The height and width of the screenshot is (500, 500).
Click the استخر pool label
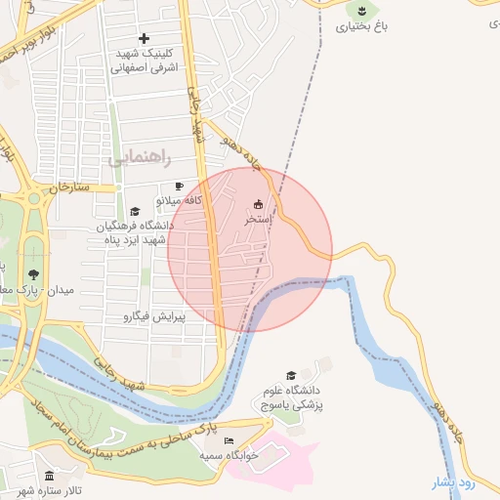click(x=258, y=221)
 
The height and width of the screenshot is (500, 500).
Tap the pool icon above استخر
click(x=258, y=204)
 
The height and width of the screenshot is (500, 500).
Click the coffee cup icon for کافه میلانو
click(x=178, y=186)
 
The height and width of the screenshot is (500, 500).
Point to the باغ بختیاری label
click(x=361, y=26)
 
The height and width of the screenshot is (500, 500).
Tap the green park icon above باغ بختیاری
click(x=361, y=10)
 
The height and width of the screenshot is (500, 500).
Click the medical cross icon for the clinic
click(x=145, y=38)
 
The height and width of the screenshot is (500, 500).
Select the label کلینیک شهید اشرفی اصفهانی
click(x=144, y=62)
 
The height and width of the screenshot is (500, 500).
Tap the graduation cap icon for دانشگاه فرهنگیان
click(x=135, y=211)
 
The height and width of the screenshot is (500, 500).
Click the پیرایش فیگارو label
click(x=154, y=316)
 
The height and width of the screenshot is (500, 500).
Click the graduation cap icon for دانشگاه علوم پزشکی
click(x=290, y=376)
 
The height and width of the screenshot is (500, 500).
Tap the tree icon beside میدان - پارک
click(x=34, y=274)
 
